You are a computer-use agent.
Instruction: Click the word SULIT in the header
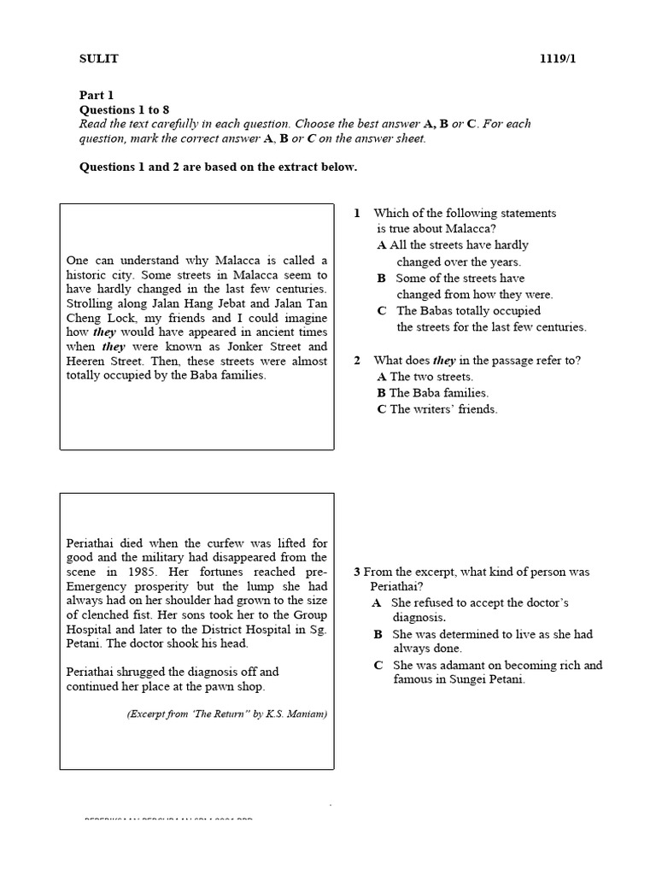[99, 59]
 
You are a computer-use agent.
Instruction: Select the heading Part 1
[96, 96]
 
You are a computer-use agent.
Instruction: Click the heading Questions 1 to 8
[125, 110]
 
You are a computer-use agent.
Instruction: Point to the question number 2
[357, 361]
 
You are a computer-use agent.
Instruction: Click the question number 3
[356, 572]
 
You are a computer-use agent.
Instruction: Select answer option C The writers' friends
[437, 409]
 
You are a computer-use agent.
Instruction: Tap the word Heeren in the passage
[85, 361]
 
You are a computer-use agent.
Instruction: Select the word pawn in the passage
[219, 686]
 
